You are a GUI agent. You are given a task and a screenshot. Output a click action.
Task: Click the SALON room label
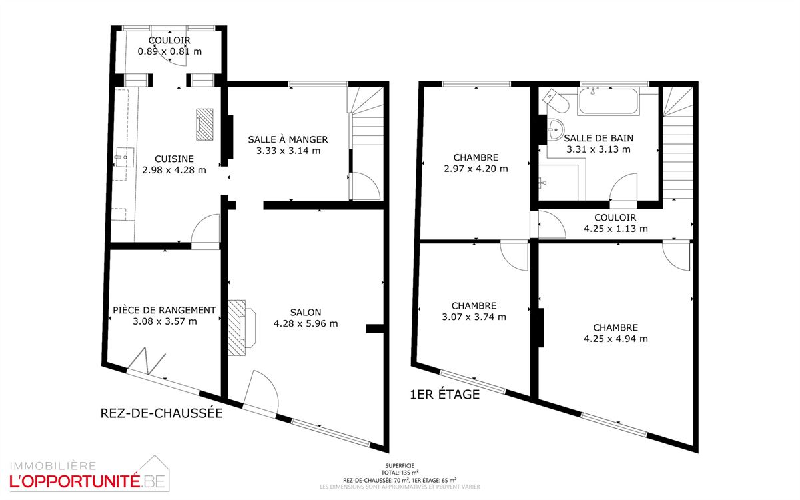click(306, 313)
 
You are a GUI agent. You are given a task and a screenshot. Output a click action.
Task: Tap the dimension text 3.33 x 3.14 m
click(288, 151)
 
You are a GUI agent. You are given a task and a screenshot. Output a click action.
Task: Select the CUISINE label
click(174, 159)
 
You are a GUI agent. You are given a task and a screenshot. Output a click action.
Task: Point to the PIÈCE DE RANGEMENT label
click(165, 310)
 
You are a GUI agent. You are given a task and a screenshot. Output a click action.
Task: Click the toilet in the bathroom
click(556, 101)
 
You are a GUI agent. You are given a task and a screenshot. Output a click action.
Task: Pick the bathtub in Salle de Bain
click(608, 101)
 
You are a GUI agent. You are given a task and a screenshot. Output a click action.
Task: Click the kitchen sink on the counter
click(124, 157)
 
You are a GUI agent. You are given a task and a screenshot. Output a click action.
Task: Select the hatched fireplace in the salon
click(242, 328)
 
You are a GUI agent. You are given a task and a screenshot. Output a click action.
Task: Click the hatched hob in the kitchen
click(204, 124)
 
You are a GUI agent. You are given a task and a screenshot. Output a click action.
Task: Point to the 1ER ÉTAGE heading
click(445, 395)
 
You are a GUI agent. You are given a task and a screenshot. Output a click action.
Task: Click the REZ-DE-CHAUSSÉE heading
click(161, 413)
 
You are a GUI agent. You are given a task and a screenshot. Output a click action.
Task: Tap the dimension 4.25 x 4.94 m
click(615, 339)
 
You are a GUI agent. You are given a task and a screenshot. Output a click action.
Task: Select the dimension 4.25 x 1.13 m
click(615, 229)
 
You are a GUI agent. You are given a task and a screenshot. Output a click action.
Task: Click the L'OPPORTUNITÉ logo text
click(75, 481)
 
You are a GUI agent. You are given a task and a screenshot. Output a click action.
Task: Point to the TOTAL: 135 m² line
click(400, 473)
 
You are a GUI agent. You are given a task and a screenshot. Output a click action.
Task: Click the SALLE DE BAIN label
click(599, 138)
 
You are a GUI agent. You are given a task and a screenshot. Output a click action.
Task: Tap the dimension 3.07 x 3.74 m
click(474, 317)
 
